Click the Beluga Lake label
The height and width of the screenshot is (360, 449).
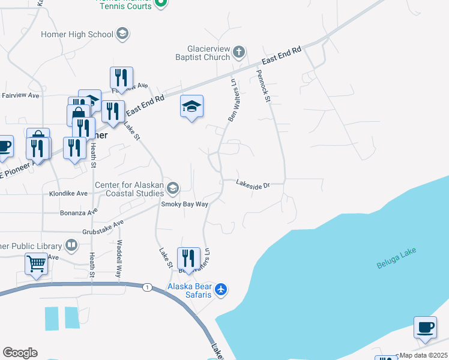pyautogui.click(x=396, y=258)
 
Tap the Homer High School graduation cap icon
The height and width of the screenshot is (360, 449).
pyautogui.click(x=122, y=34)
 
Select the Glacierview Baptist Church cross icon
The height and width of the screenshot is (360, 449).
pyautogui.click(x=238, y=52)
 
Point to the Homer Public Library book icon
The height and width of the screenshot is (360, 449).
pyautogui.click(x=71, y=245)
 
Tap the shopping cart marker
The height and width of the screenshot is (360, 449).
pyautogui.click(x=37, y=263)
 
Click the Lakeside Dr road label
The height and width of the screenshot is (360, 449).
pyautogui.click(x=253, y=185)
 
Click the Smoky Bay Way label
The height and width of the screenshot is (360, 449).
pyautogui.click(x=184, y=204)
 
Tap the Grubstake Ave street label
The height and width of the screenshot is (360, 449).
pyautogui.click(x=103, y=227)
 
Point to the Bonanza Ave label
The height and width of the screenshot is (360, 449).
pyautogui.click(x=78, y=212)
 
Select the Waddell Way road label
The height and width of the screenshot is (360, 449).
pyautogui.click(x=119, y=257)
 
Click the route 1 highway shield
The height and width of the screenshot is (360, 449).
pyautogui.click(x=146, y=287)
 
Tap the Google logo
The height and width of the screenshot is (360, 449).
pyautogui.click(x=20, y=353)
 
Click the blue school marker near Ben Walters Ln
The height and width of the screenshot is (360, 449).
pyautogui.click(x=191, y=107)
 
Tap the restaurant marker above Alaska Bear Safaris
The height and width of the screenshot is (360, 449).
pyautogui.click(x=189, y=259)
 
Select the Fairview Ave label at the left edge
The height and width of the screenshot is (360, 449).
pyautogui.click(x=20, y=95)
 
